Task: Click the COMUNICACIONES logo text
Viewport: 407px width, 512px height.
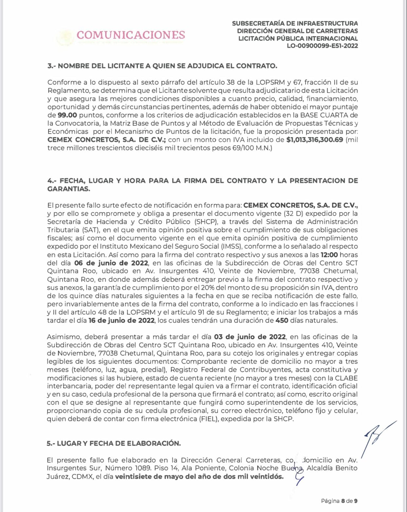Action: click(x=131, y=35)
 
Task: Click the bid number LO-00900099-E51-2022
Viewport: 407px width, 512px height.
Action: click(x=322, y=46)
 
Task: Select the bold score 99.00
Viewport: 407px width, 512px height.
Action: click(x=67, y=115)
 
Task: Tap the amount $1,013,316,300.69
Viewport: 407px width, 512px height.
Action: click(x=315, y=140)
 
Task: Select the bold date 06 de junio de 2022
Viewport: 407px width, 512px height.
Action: click(x=111, y=263)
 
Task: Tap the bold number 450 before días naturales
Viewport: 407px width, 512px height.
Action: click(x=282, y=320)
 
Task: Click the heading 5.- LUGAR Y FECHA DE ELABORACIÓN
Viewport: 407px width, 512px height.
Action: click(x=114, y=443)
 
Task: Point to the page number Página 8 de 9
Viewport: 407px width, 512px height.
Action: click(x=339, y=501)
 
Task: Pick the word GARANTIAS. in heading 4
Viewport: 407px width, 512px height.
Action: click(x=68, y=189)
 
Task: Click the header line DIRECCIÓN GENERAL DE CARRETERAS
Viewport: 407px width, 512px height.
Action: click(x=297, y=31)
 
